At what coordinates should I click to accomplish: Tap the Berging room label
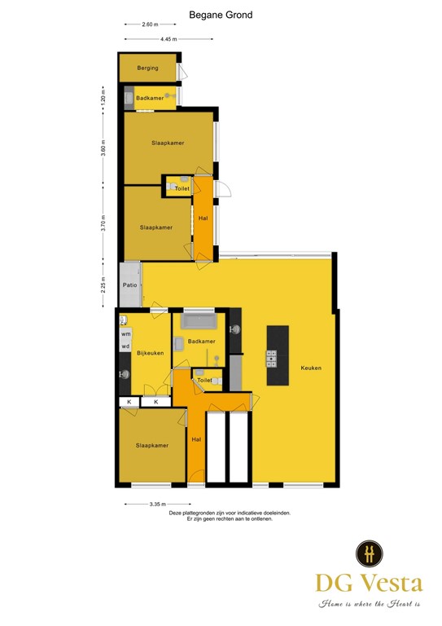(x=147, y=68)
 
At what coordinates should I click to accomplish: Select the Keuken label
(x=311, y=368)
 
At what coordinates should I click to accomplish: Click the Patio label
(x=129, y=285)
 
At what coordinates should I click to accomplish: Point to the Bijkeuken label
(x=150, y=352)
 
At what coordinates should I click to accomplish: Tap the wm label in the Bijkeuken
(x=125, y=334)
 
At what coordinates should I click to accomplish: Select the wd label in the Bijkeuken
(x=125, y=346)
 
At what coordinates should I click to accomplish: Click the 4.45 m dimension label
(x=168, y=39)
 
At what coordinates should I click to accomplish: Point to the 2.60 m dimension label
(x=150, y=24)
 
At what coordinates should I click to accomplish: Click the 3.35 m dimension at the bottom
(x=159, y=505)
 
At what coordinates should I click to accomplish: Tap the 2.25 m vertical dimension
(x=103, y=284)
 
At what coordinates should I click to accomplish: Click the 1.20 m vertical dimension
(x=103, y=97)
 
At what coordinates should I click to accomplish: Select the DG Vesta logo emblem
(x=369, y=553)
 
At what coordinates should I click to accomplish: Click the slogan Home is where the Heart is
(x=369, y=603)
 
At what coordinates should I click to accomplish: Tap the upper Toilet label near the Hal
(x=182, y=188)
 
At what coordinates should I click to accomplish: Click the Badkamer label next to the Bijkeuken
(x=201, y=341)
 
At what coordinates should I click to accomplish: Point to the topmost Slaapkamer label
(x=167, y=143)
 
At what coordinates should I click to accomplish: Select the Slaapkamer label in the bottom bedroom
(x=152, y=445)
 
